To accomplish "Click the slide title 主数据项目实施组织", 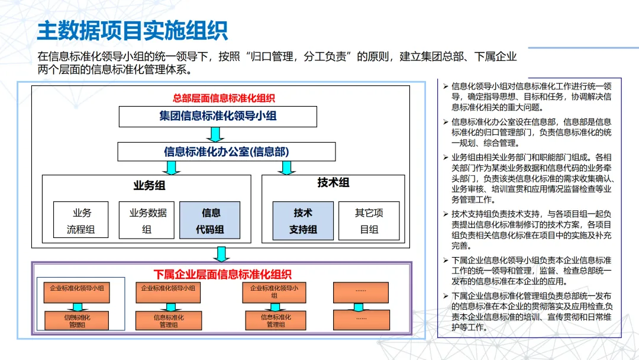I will coord(133,30).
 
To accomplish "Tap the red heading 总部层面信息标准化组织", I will coord(224,98).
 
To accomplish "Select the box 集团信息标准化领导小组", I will coord(218,116).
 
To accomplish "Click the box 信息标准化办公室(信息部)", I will coord(227,152).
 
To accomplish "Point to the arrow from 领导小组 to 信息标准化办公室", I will coord(215,134).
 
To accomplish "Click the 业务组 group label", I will coord(149,185).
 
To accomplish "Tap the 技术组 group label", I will coord(333,182).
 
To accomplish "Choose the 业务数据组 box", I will coord(148,220).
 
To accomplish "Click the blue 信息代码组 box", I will coord(210,220).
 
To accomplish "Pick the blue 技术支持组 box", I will coord(303,220).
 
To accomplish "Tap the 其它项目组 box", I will coord(369,220).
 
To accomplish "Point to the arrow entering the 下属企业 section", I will coord(221,254).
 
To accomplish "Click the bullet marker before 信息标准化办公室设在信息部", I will coord(446,122).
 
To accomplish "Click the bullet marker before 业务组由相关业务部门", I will coord(446,157).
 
